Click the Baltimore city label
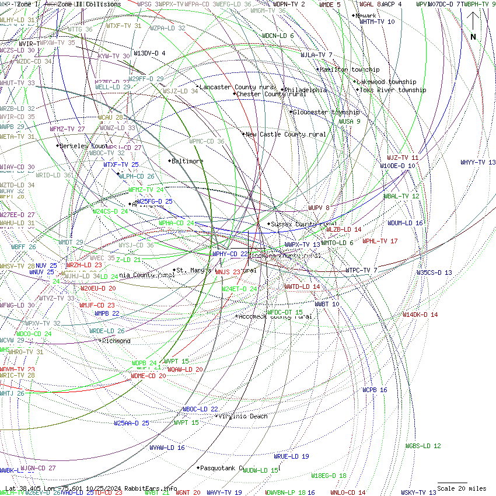coord(188,161)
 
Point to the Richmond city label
coord(116,341)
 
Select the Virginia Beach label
coord(243,416)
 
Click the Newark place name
coord(366,16)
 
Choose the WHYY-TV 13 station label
coord(478,162)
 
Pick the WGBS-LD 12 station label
coord(423,446)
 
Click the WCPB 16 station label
coord(375,390)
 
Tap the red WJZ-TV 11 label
coord(403,158)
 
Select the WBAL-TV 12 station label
coord(401,196)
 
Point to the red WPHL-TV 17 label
coord(380,241)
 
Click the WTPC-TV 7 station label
coord(361,270)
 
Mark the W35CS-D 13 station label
coord(434,273)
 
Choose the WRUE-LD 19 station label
coord(291,456)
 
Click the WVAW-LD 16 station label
coord(167,448)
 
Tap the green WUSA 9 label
coord(350,121)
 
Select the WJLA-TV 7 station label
coord(316,55)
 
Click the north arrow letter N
coord(473,37)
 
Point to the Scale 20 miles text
coord(462,488)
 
